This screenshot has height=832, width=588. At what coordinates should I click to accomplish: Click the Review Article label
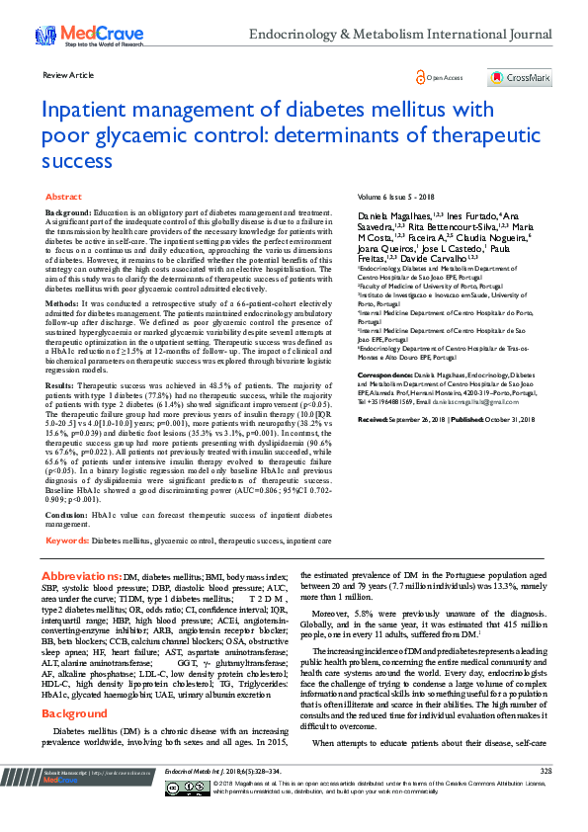tap(68, 75)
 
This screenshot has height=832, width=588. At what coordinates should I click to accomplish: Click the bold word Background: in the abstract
tap(69, 213)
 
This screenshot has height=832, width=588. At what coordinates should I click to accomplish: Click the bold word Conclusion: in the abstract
tap(68, 515)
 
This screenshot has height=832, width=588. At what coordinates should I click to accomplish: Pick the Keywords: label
tap(69, 541)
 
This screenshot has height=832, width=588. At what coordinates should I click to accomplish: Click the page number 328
tap(546, 796)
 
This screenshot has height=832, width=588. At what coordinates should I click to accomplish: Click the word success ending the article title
tap(77, 159)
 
